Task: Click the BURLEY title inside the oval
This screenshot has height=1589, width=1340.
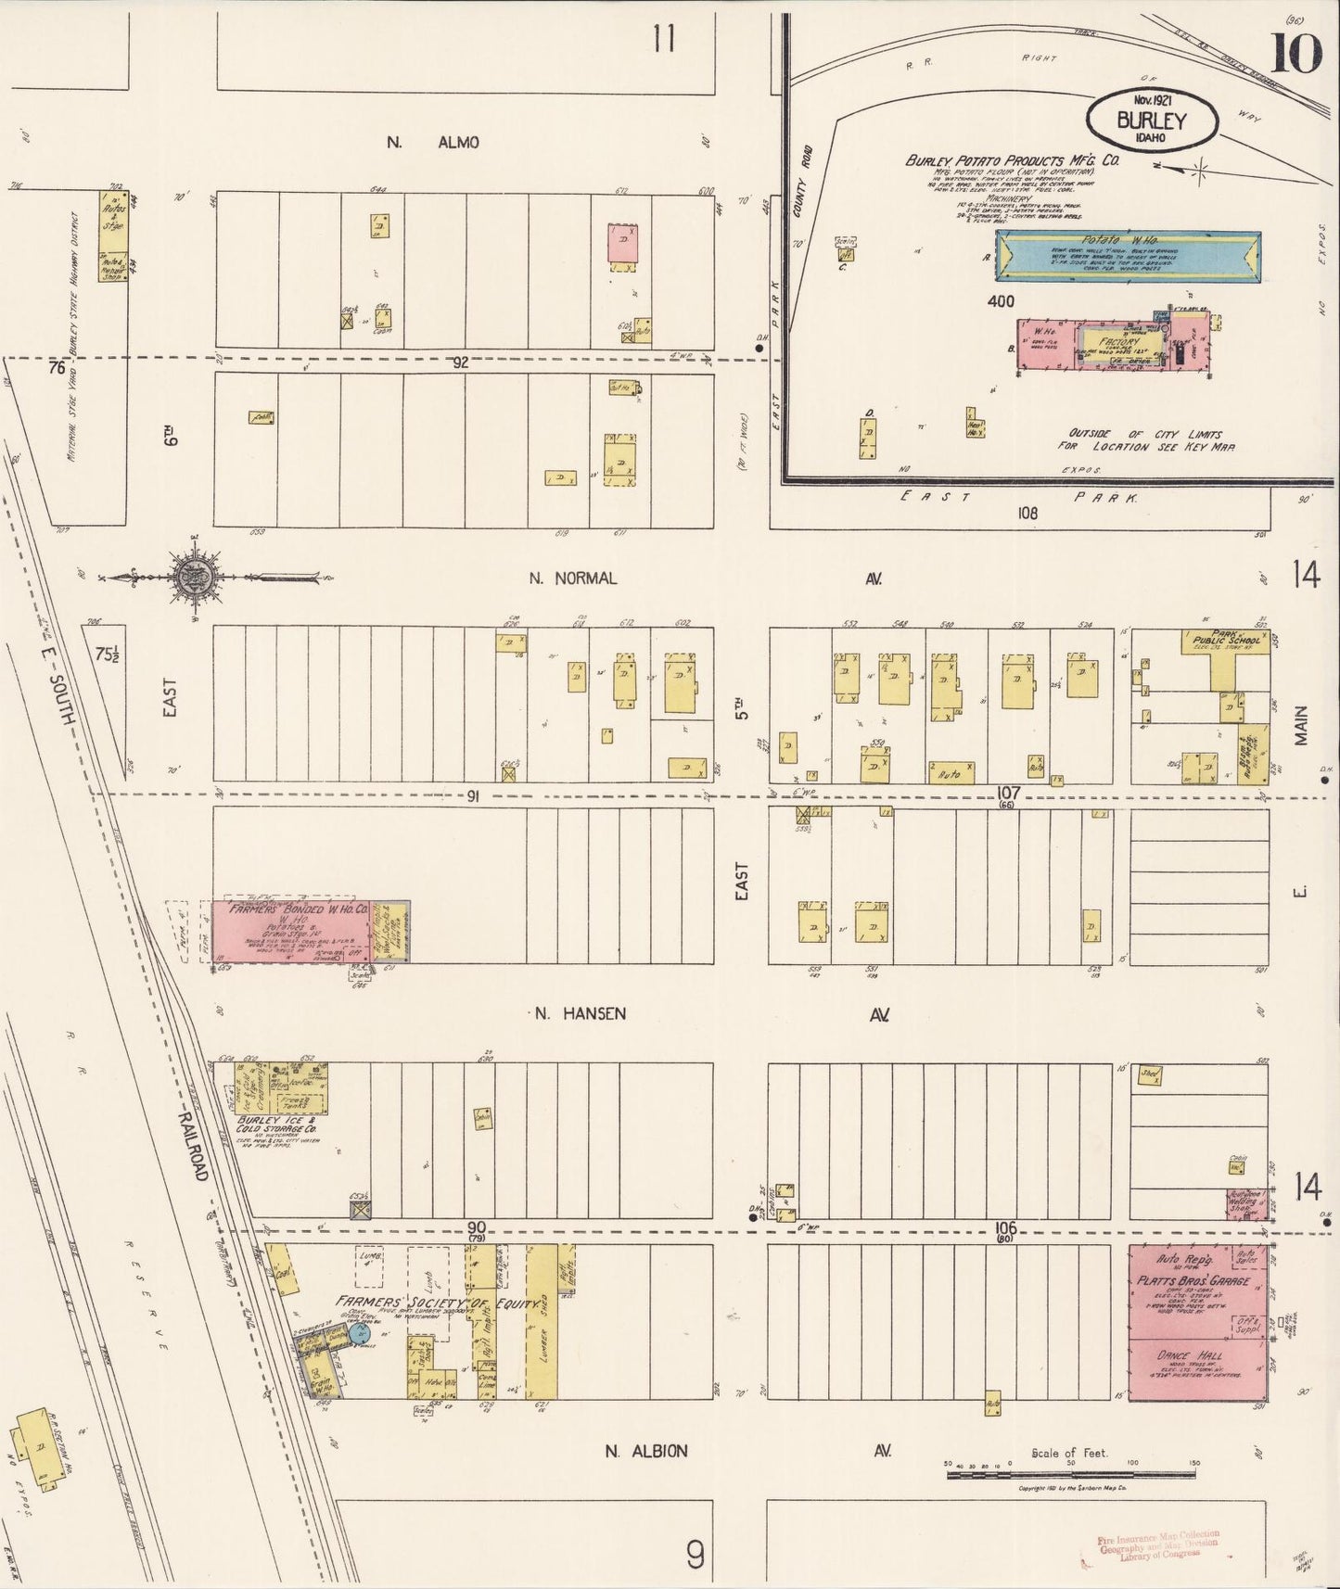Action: point(1151,120)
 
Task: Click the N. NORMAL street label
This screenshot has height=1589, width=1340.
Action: point(572,578)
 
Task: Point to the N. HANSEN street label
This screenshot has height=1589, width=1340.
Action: point(581,1014)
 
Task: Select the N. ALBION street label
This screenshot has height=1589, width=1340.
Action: point(646,1451)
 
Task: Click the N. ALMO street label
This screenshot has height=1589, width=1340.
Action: point(433,142)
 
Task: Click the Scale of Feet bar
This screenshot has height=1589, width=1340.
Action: point(1071,1472)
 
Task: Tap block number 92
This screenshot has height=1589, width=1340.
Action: point(461,363)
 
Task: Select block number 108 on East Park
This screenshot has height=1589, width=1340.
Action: point(1027,513)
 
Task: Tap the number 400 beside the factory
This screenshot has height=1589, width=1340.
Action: point(1001,301)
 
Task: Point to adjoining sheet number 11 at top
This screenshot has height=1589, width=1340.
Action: point(663,41)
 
